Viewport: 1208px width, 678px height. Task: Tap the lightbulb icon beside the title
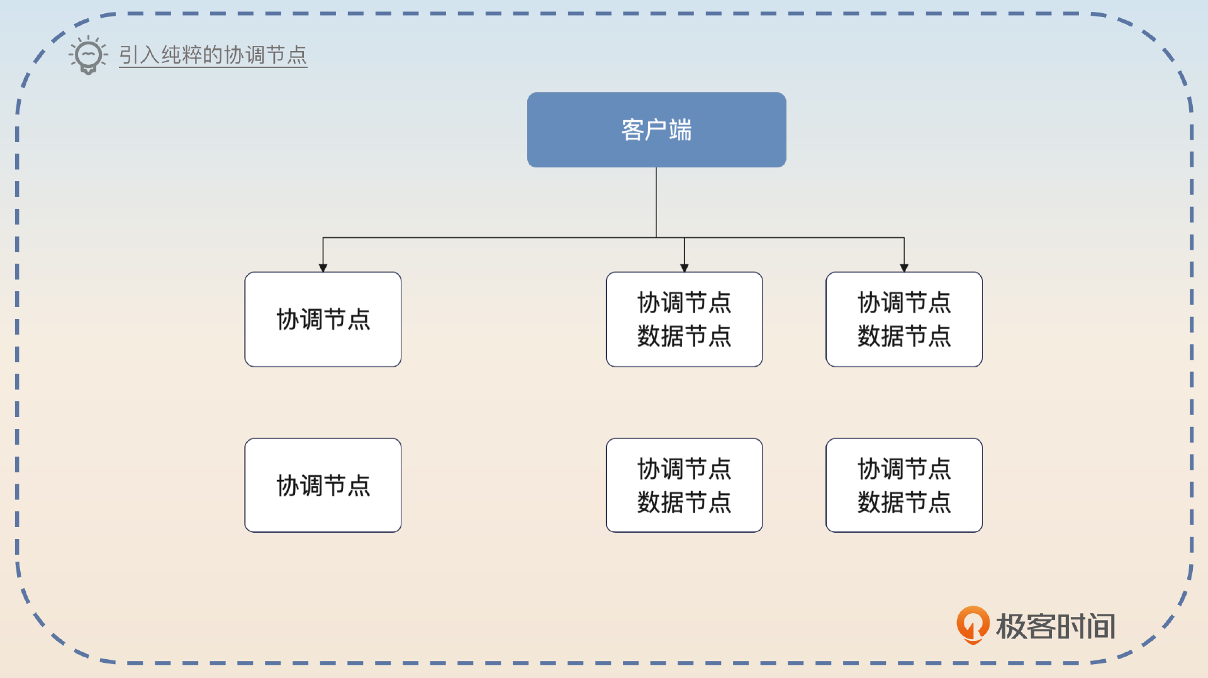[x=88, y=55]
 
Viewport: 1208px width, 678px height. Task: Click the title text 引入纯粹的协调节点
[x=213, y=55]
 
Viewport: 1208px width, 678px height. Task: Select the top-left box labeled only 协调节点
[x=323, y=319]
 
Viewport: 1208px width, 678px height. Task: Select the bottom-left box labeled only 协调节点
[x=323, y=485]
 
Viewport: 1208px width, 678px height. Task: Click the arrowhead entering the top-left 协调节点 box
[x=323, y=268]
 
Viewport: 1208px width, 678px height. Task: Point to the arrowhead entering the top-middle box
[x=684, y=268]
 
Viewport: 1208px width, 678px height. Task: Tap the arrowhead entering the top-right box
[x=903, y=268]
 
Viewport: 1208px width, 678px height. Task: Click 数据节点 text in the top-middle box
[x=684, y=336]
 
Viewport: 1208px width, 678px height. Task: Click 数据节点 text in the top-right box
[x=903, y=336]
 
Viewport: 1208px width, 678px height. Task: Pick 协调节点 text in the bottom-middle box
[x=684, y=469]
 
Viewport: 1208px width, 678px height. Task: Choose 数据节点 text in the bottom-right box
[x=903, y=502]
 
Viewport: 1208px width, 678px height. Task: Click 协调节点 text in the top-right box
[x=903, y=303]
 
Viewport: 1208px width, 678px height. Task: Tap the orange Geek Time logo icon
[x=973, y=624]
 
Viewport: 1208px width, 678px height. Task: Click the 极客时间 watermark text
[x=1055, y=626]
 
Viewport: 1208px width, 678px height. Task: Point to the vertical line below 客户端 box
[x=656, y=201]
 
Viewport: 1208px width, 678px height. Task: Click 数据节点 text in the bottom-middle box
[x=684, y=502]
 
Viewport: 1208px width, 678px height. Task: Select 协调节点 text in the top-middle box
[x=684, y=303]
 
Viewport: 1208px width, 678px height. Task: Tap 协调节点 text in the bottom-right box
[x=903, y=469]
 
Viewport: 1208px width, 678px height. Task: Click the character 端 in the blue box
[x=680, y=130]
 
